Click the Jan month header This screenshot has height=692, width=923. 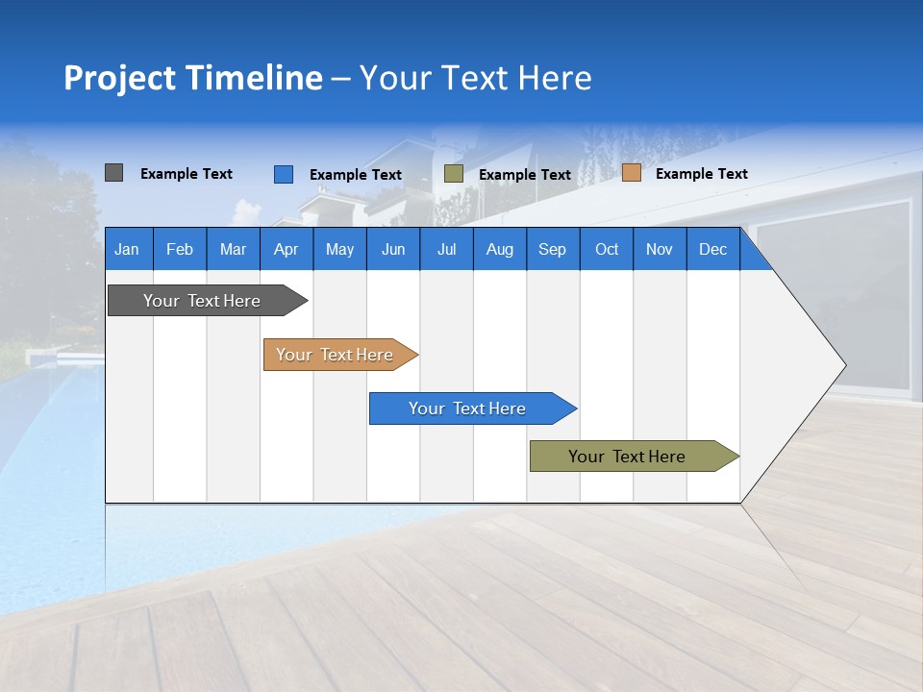(127, 249)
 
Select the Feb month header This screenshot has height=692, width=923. (180, 249)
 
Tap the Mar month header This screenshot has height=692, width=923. (233, 249)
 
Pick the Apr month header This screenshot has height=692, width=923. (286, 249)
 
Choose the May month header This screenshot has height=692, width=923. (339, 249)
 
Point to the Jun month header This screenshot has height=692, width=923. (393, 249)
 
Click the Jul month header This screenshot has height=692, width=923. (446, 249)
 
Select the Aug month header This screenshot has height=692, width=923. (499, 249)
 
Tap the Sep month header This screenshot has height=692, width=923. (552, 249)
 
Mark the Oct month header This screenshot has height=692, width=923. (607, 249)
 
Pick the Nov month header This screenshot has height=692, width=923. (660, 249)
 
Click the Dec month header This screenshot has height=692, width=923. (712, 249)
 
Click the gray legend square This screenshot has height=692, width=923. (113, 173)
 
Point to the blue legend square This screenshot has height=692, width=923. (283, 174)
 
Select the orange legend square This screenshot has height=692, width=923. (631, 173)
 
